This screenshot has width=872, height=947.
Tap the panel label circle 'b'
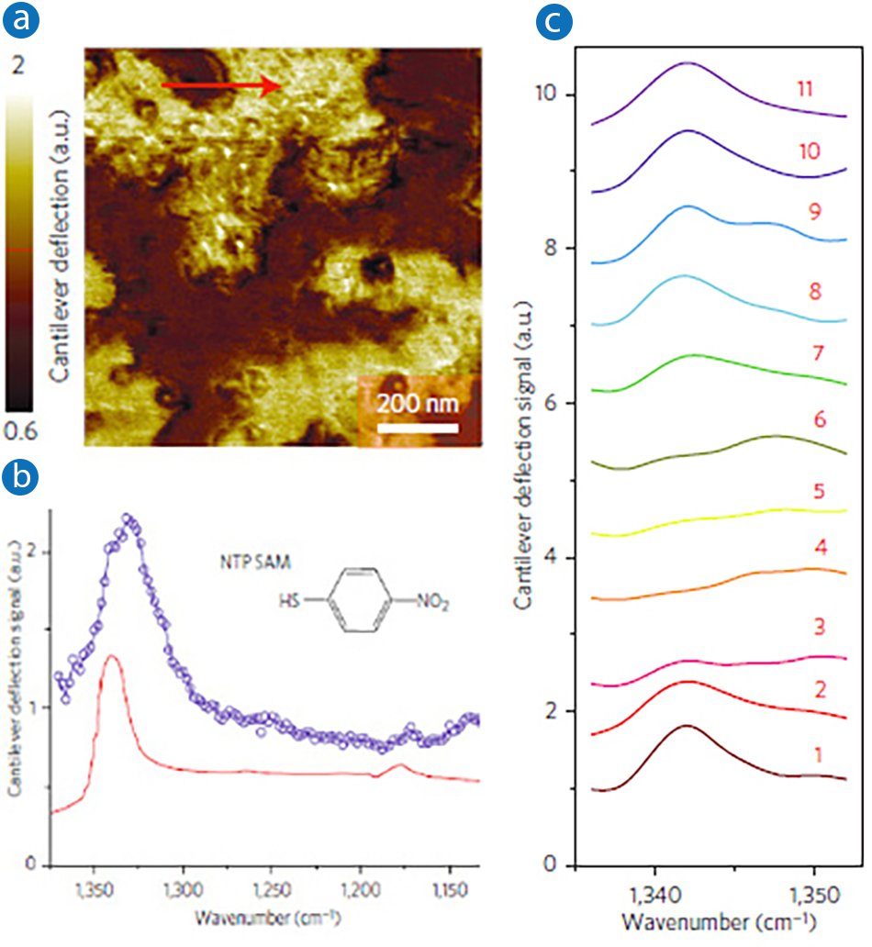[x=24, y=476]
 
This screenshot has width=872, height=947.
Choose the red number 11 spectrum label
[x=806, y=88]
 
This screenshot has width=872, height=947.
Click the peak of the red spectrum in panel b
[x=112, y=655]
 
